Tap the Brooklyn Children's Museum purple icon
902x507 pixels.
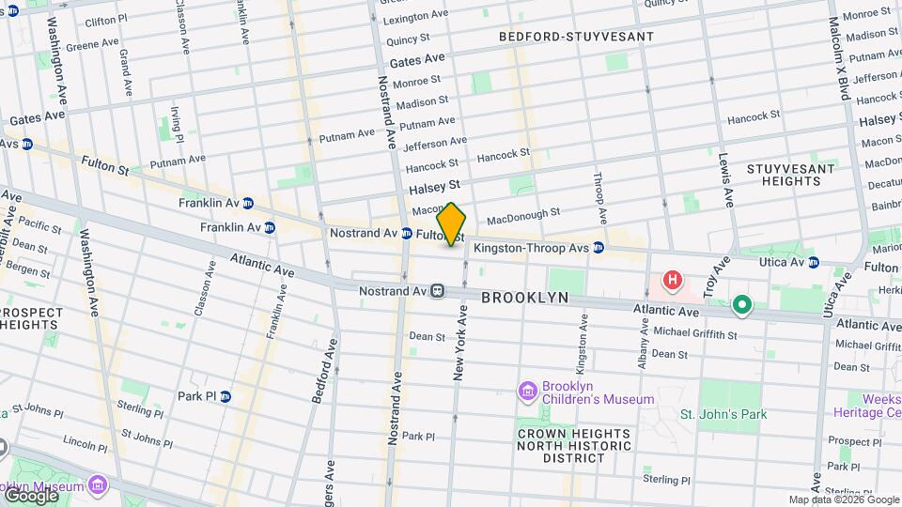526,390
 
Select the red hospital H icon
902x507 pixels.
673,280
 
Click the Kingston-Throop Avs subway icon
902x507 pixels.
599,248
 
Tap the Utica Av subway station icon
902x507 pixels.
814,262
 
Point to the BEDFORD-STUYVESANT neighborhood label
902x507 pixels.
576,37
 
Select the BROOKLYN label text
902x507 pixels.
525,298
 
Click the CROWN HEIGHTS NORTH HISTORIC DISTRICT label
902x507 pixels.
562,445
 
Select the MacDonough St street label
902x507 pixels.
523,216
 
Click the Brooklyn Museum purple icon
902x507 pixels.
98,484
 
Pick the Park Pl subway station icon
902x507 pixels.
225,396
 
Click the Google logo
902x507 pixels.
31,495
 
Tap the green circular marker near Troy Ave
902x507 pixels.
741,304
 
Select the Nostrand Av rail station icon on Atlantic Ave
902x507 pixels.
438,291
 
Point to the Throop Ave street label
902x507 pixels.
599,197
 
